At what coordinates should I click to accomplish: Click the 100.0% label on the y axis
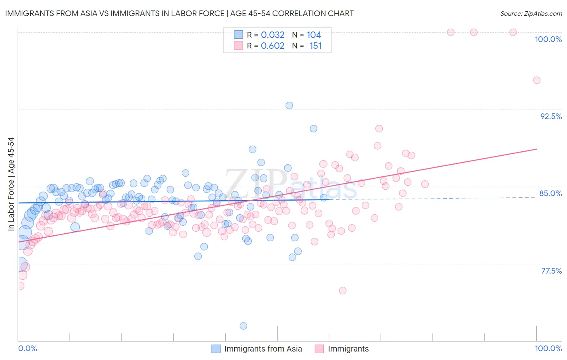tap(548, 39)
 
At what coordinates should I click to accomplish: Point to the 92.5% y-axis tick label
tap(551, 116)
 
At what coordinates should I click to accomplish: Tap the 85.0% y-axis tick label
tap(550, 193)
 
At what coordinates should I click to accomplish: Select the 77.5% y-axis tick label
tap(551, 271)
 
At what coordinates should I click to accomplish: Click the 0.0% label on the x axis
tap(27, 348)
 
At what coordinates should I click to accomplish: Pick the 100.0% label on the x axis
tap(548, 348)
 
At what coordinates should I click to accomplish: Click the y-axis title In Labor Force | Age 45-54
tap(11, 184)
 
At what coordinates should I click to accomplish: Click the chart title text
tap(179, 13)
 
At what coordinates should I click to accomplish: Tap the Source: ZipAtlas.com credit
tap(531, 13)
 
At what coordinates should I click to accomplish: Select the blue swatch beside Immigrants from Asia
tap(216, 349)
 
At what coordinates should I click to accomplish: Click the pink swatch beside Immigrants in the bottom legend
tap(319, 349)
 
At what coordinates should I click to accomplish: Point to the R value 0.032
tap(273, 35)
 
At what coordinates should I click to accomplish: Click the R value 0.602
tap(273, 46)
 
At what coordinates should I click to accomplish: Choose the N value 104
tap(314, 35)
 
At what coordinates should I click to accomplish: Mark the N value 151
tap(315, 46)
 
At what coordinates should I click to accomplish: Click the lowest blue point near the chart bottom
tap(243, 326)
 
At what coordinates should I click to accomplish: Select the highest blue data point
tap(289, 105)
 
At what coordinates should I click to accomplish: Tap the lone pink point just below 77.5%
tap(343, 291)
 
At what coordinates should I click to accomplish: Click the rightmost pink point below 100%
tap(537, 80)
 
